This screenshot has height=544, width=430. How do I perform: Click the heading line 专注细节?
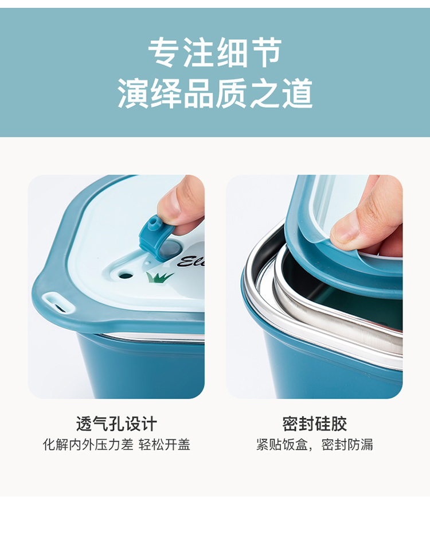point(214,53)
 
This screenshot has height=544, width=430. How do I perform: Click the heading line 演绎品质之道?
point(215,93)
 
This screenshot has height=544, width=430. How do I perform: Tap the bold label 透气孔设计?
point(116,423)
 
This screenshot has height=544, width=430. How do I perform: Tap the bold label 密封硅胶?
point(314,423)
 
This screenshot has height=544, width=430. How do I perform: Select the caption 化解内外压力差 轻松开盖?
point(116,445)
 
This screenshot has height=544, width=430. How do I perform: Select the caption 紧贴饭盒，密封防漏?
point(314,445)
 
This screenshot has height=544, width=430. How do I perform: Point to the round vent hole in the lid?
point(126,276)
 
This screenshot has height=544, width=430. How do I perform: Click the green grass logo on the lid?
point(159,276)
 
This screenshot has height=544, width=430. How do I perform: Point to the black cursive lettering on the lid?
point(191,261)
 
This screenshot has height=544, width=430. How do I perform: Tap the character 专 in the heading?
point(163,53)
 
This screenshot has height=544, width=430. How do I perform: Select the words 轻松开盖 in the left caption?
point(165,445)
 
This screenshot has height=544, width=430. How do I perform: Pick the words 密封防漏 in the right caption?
point(347,445)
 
